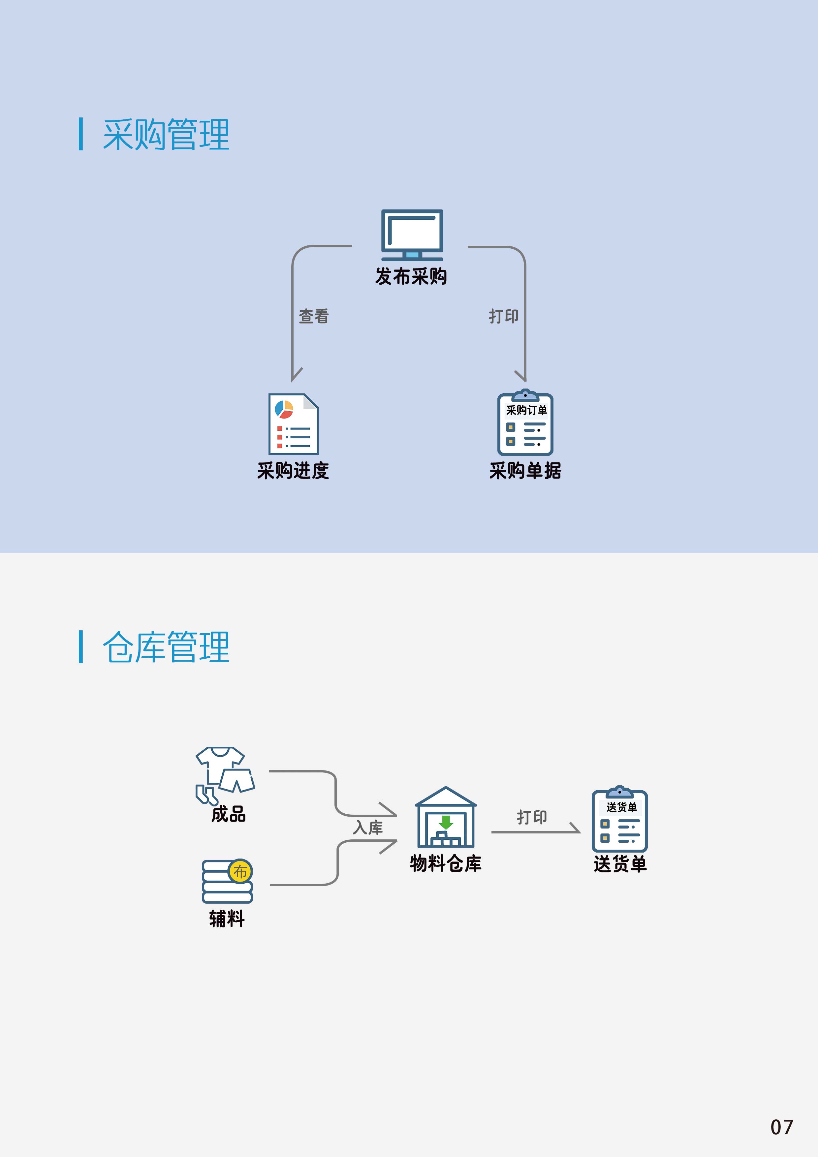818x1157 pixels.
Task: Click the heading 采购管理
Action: pyautogui.click(x=166, y=135)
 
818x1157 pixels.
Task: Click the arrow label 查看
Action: pyautogui.click(x=313, y=317)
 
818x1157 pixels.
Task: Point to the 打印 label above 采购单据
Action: pyautogui.click(x=504, y=317)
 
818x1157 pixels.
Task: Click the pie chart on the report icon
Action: pyautogui.click(x=284, y=409)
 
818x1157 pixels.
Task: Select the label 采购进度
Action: pyautogui.click(x=293, y=471)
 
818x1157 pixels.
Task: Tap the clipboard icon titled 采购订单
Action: pyautogui.click(x=525, y=423)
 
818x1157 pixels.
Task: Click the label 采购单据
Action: pyautogui.click(x=525, y=471)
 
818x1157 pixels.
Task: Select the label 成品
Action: pyautogui.click(x=228, y=814)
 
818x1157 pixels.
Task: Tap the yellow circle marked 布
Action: pyautogui.click(x=240, y=871)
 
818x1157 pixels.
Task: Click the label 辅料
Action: pyautogui.click(x=227, y=919)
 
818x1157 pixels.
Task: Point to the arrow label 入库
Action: pyautogui.click(x=368, y=828)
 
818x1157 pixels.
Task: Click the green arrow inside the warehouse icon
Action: pyautogui.click(x=446, y=822)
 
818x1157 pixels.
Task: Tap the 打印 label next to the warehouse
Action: pyautogui.click(x=532, y=817)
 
